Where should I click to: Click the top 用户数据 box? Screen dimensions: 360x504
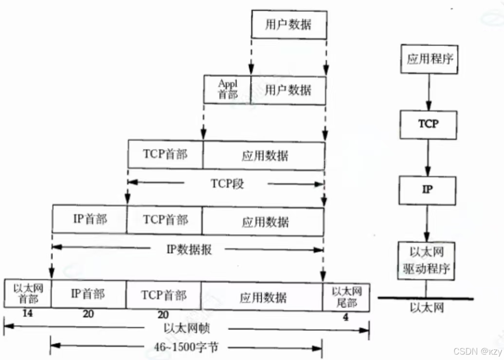(x=288, y=24)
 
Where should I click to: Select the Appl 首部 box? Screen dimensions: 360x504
(x=227, y=90)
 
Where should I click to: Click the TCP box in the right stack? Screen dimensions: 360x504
(x=429, y=124)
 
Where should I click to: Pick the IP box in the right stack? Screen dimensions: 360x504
(x=428, y=190)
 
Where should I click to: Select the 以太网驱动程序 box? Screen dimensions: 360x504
(x=427, y=260)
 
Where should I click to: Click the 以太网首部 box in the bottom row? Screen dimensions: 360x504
(x=28, y=294)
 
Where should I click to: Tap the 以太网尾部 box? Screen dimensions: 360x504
(x=346, y=296)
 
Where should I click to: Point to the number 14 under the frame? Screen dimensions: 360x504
(x=27, y=314)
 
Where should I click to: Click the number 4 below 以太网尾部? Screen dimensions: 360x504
(x=346, y=317)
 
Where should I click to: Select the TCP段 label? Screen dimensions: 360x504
(x=227, y=184)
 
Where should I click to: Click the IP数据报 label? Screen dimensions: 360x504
(x=189, y=250)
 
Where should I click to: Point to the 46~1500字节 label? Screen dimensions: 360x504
(x=186, y=347)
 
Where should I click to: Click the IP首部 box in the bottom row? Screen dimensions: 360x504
(x=88, y=294)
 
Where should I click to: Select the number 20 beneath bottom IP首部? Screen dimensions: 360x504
(x=88, y=314)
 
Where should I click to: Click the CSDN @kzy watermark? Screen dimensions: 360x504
(x=475, y=351)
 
